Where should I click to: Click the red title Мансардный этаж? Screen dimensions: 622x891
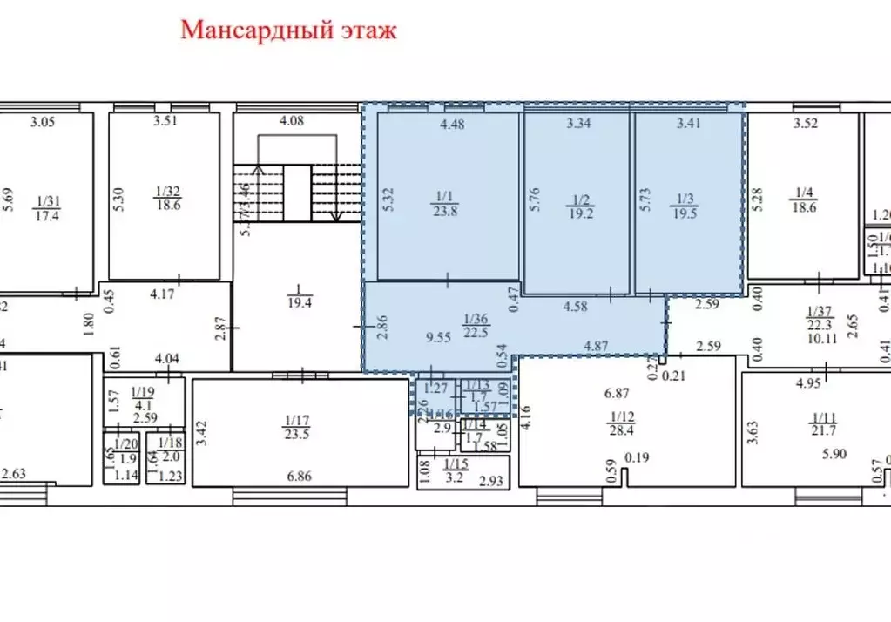(288, 30)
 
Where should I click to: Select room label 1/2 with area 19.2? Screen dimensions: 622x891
(578, 206)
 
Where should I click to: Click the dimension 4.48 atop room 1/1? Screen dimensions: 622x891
(453, 125)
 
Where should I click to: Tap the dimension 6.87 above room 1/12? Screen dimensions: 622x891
(618, 394)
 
